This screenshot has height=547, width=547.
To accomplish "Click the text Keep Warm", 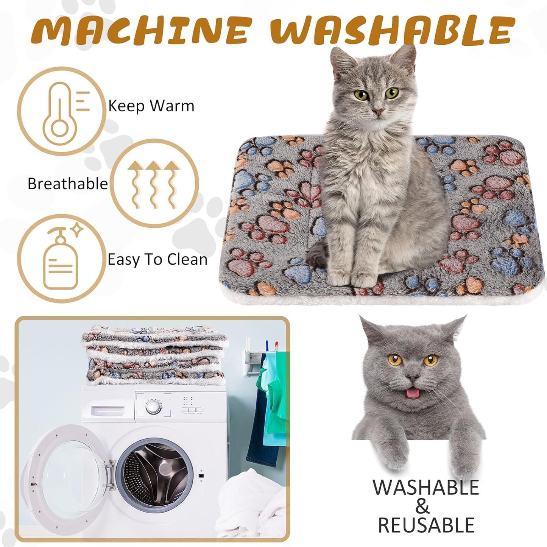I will [151, 106].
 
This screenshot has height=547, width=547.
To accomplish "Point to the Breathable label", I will [68, 184].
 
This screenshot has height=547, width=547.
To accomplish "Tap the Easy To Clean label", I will [157, 260].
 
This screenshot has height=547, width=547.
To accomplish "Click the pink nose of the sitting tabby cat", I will [377, 112].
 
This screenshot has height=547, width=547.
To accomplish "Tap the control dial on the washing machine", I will [153, 407].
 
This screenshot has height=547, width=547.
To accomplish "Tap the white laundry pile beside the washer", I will [252, 507].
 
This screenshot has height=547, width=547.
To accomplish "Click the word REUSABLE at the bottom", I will [426, 525].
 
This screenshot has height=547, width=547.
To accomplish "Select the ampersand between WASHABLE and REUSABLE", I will [422, 506].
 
